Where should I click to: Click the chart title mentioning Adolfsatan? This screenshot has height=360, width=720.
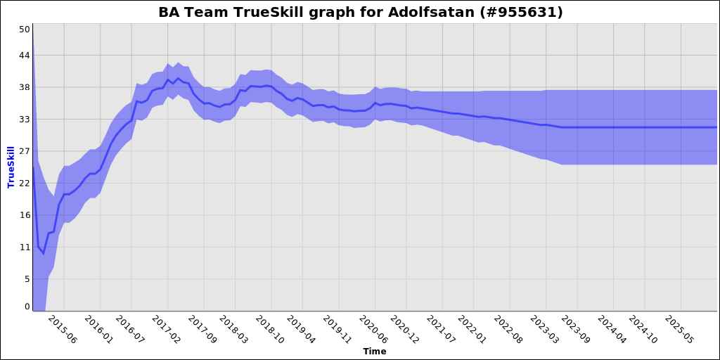point(360,13)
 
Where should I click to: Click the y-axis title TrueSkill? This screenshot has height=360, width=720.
point(11,167)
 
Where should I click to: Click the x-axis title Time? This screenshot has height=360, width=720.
point(374,351)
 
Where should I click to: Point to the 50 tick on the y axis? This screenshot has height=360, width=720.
point(25,29)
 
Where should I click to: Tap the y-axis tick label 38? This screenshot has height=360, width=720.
point(25,87)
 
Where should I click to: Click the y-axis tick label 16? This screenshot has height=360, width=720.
point(25,215)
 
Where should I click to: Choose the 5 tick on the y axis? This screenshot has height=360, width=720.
point(27,279)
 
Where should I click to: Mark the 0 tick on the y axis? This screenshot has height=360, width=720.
point(27,307)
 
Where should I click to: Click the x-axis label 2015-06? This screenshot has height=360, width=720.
point(61,330)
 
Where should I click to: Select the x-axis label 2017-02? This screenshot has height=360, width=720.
point(166,330)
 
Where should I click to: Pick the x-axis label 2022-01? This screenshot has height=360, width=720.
point(472,330)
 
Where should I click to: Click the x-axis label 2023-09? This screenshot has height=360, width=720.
point(574,330)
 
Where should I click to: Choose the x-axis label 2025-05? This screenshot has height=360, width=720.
point(679,330)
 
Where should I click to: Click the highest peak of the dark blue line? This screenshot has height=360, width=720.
point(178,79)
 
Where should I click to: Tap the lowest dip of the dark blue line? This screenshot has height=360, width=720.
point(43,253)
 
